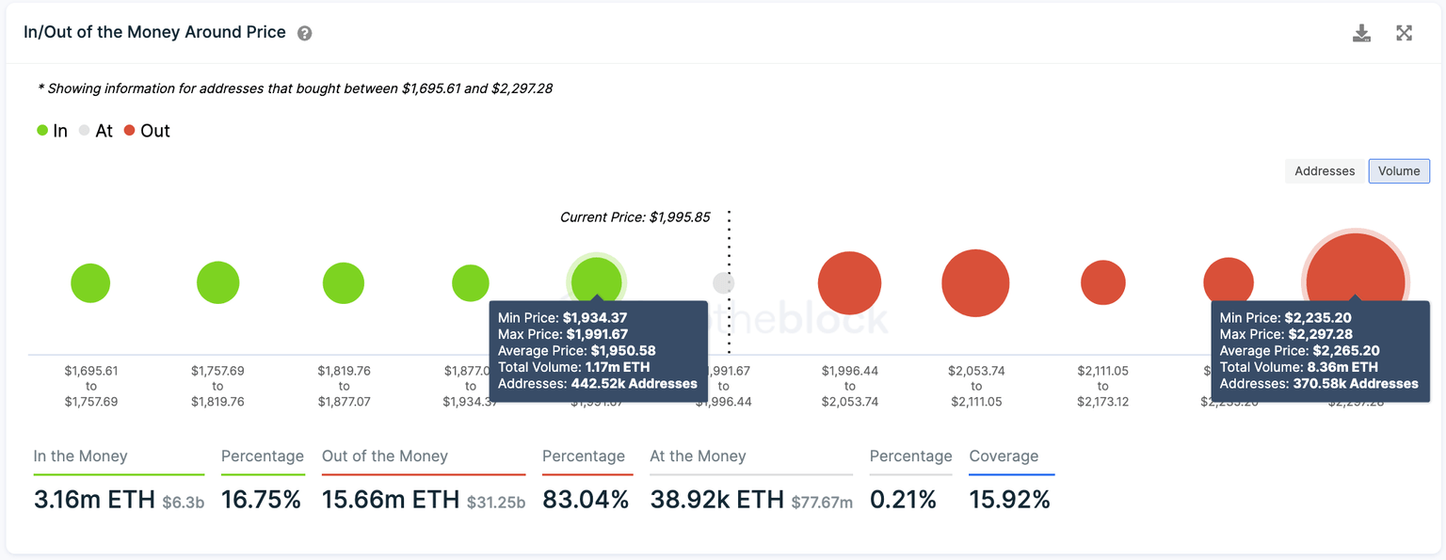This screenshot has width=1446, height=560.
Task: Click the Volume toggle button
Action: coord(1399,171)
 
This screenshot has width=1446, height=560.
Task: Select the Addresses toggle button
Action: coord(1325,171)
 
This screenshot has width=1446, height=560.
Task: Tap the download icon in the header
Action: coord(1361,34)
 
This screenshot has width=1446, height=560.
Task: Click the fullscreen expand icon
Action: coord(1404,34)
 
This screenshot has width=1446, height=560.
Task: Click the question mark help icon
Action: coord(304,33)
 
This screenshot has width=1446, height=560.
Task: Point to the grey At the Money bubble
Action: coord(723,283)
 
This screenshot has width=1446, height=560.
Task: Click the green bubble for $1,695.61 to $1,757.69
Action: coord(90,283)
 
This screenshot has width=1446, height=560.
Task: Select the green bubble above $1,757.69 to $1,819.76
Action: coord(217,282)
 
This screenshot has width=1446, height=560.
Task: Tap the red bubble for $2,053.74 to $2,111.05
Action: coord(975,283)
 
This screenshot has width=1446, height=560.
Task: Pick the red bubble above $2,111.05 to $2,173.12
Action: coord(1102,282)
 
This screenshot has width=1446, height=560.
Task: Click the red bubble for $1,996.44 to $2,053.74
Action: coord(849,283)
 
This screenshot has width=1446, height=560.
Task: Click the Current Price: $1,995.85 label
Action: coord(635,217)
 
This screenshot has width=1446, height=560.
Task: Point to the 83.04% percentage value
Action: coord(586,500)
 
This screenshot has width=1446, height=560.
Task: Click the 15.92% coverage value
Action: coord(1009,500)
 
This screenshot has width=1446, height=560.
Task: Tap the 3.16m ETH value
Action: coord(94,500)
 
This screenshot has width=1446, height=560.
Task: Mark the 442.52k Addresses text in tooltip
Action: coord(634,383)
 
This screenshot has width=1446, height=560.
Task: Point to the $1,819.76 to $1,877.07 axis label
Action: coord(344,386)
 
